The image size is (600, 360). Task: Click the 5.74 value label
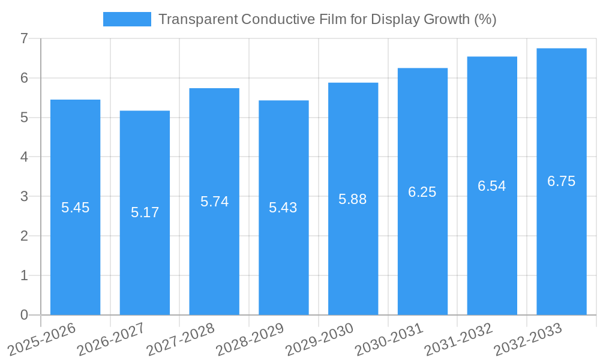(x=214, y=202)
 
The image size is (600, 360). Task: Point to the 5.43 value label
(x=283, y=208)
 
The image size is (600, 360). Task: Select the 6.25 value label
(x=422, y=192)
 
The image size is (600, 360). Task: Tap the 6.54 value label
(x=492, y=186)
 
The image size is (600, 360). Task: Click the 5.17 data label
(x=145, y=212)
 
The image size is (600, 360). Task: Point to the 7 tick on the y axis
(x=24, y=39)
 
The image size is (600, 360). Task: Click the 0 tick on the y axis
(x=24, y=315)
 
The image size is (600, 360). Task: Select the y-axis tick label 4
(x=24, y=157)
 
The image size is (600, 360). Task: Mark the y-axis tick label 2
(x=24, y=236)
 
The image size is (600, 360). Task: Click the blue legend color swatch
(x=127, y=19)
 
